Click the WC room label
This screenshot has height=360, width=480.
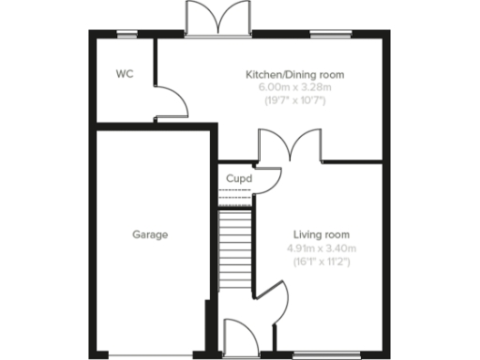(124, 74)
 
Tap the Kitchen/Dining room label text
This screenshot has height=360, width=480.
(294, 74)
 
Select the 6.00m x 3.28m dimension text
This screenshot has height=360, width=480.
(294, 87)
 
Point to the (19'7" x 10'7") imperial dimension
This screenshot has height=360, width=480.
(294, 100)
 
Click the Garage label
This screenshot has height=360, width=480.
(150, 234)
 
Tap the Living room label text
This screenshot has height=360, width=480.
(321, 234)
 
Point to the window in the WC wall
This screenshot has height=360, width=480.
(124, 36)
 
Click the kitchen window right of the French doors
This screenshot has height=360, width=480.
(324, 36)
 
